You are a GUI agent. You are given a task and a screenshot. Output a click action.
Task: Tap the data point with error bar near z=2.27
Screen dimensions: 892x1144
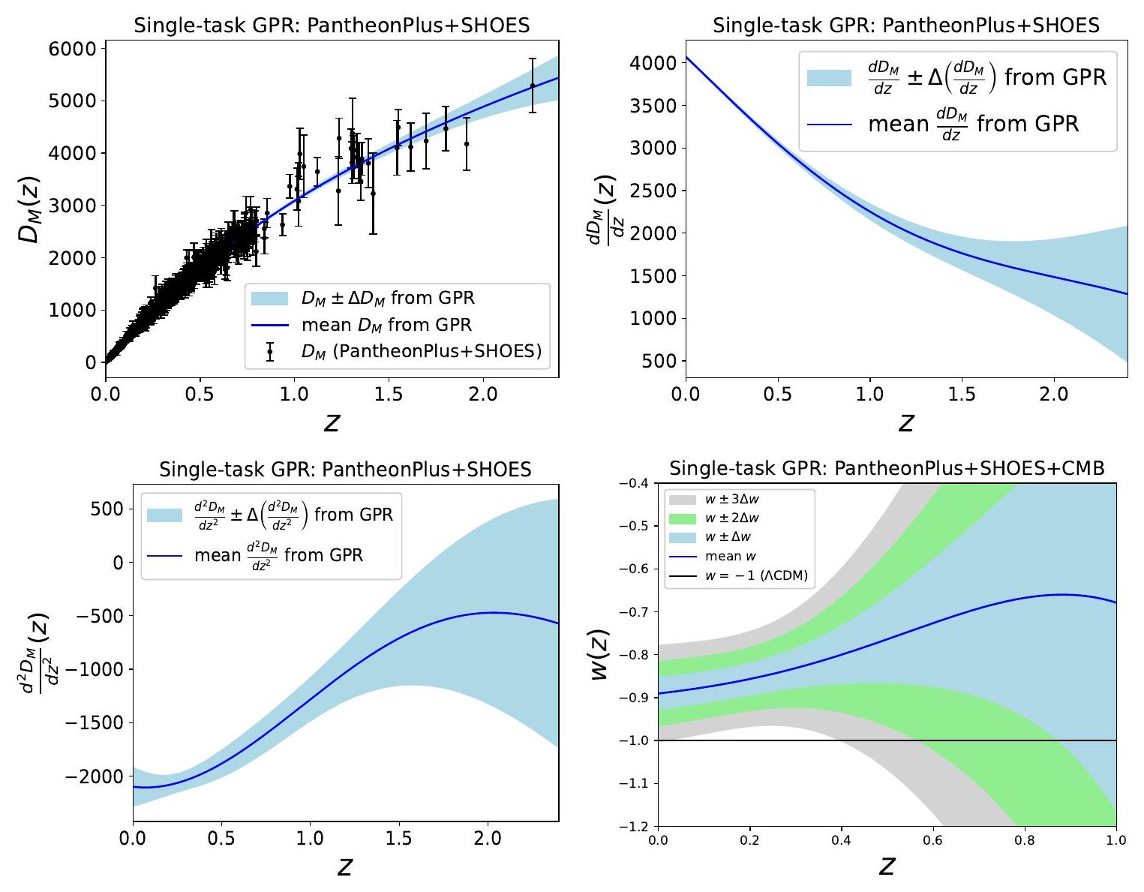533,86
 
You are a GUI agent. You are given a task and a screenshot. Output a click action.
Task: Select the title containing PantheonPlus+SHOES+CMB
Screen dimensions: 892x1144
887,469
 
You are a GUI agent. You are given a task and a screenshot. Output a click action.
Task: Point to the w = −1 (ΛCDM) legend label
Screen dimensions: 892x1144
756,576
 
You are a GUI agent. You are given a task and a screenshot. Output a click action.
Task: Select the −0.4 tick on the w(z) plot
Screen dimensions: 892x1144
637,483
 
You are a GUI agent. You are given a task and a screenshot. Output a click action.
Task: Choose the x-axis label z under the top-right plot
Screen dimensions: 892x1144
906,423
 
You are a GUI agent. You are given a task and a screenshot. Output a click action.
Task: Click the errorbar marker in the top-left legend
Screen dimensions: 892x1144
270,351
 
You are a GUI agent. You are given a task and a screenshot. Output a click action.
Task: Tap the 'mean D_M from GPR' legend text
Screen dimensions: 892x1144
386,325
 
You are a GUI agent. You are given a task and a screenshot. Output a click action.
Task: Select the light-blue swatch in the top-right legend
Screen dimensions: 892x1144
829,77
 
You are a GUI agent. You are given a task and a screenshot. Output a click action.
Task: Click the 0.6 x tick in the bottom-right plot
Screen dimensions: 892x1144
932,839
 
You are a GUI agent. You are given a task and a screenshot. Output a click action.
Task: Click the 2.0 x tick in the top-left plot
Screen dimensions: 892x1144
483,394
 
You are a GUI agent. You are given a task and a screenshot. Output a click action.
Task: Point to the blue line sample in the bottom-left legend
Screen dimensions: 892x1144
165,556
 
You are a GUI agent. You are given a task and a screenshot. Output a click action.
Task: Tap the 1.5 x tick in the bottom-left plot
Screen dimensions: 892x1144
399,838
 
